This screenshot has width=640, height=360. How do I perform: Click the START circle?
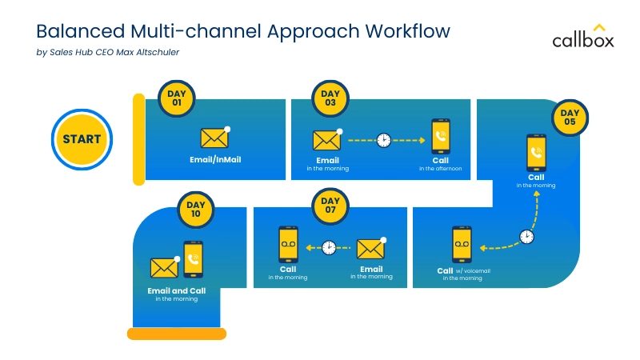click(x=82, y=138)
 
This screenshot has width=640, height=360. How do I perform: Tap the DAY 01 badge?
click(x=176, y=98)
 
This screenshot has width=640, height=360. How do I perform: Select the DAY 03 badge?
click(x=330, y=98)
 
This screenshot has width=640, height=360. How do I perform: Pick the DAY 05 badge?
click(x=570, y=118)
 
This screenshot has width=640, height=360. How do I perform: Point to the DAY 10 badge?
click(x=195, y=210)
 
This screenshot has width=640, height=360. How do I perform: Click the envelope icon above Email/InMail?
click(x=214, y=138)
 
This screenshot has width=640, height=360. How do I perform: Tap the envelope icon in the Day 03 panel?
click(x=327, y=140)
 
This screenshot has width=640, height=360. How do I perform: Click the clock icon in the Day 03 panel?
click(x=384, y=140)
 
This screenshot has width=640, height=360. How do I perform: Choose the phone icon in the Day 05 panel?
click(x=536, y=154)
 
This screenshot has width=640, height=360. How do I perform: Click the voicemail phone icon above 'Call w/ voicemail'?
click(x=461, y=245)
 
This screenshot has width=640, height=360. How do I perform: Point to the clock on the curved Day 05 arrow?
click(x=526, y=237)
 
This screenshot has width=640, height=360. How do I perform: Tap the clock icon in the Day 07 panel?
click(x=329, y=247)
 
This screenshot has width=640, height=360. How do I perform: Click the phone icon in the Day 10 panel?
click(x=193, y=259)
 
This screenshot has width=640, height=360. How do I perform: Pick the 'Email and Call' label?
click(x=176, y=290)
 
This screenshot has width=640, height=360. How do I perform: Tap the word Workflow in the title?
click(x=407, y=31)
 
